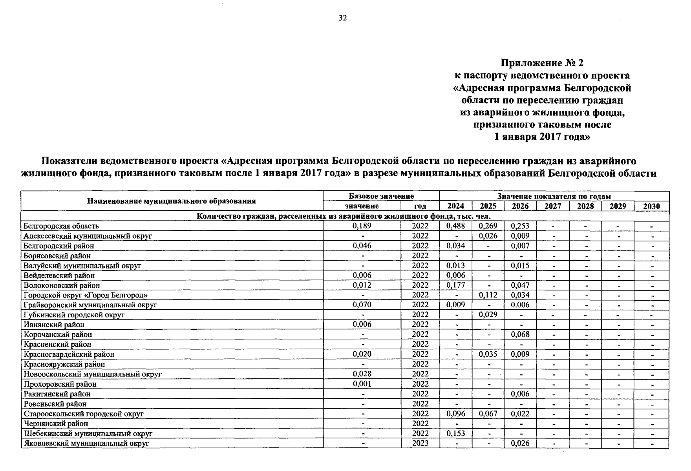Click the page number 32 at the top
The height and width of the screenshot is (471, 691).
coord(343,18)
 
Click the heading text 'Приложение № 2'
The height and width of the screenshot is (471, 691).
coord(542,63)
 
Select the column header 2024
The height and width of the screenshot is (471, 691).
coord(455,206)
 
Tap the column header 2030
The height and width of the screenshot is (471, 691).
coord(651,206)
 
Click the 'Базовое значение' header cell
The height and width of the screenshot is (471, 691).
coord(381,196)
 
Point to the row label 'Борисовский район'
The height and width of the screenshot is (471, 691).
coord(57,256)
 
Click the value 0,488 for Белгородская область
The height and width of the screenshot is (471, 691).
coord(455,226)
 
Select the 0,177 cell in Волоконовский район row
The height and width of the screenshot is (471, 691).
coord(455,285)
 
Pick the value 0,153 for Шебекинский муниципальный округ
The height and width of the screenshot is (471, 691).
coord(455,433)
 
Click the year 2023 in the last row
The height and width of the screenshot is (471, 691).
coord(420,443)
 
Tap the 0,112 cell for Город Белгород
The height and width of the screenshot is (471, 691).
coord(488,295)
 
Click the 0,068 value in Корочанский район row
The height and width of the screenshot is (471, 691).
coord(520,334)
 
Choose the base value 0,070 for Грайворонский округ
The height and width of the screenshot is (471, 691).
coord(362,305)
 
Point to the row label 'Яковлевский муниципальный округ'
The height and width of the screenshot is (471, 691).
coord(86,444)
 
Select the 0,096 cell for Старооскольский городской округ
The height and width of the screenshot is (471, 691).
coord(455,414)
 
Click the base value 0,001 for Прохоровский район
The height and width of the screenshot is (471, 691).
coord(362,384)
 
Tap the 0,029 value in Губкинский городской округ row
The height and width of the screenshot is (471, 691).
coord(488,315)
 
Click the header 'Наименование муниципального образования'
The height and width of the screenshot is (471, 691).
coord(171,201)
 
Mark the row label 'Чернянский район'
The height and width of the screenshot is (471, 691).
coord(56,424)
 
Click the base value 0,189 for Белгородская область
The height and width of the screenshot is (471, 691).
coord(362,226)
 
